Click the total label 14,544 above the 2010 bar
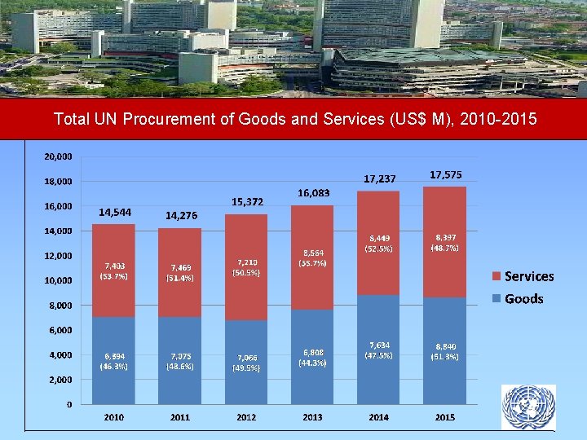coord(115,212)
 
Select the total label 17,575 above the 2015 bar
coord(445,174)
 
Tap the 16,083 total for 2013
coord(313,193)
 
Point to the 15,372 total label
coord(247,201)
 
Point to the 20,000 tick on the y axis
coord(57,156)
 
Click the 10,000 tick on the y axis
coord(57,280)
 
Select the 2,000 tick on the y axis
coord(60,380)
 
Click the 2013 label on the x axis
coord(312,417)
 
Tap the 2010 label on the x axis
coord(114,417)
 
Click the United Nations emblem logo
coord(528,407)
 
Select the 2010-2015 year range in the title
coord(498,120)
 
